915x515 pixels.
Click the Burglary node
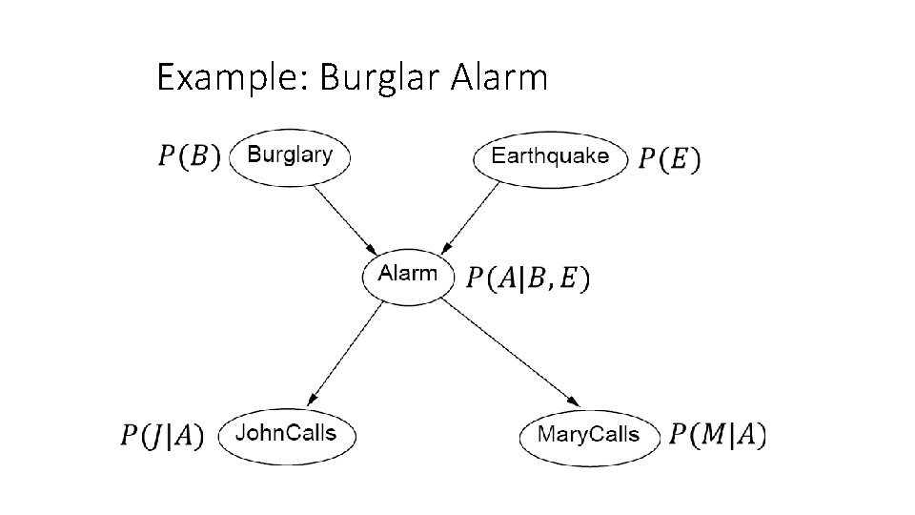point(290,154)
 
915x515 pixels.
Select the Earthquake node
point(550,156)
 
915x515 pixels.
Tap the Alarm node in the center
point(408,274)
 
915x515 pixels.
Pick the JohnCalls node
point(286,434)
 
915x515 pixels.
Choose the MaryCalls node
point(588,435)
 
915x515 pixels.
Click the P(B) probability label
point(189,155)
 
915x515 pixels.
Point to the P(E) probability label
point(668,157)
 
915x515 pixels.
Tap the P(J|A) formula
point(162,436)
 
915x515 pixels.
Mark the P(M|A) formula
point(717,435)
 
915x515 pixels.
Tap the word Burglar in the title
point(372,77)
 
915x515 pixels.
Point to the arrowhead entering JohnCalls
point(312,399)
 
